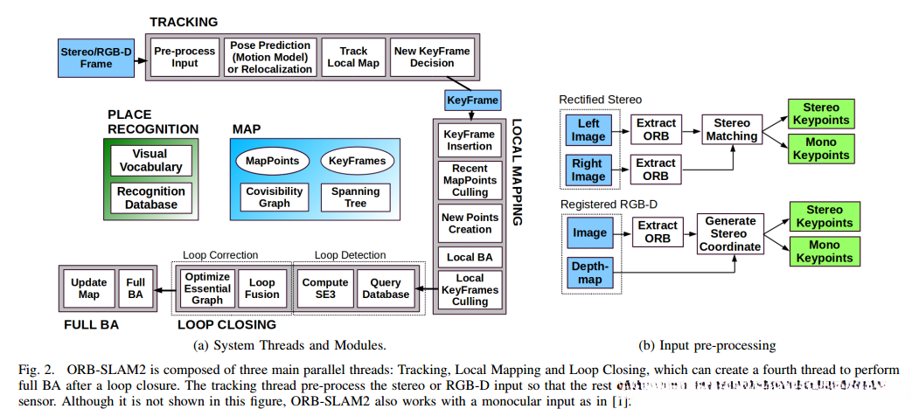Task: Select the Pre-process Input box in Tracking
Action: (184, 57)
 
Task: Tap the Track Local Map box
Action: (353, 57)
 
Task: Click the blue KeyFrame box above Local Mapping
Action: (472, 101)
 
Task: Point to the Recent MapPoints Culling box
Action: (470, 179)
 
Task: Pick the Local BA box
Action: (470, 258)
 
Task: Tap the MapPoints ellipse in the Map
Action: (272, 161)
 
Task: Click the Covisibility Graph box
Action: (274, 198)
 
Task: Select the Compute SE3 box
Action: (324, 288)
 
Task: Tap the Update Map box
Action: (89, 288)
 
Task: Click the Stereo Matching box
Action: (732, 129)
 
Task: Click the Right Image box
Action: (588, 170)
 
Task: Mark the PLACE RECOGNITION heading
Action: (153, 121)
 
